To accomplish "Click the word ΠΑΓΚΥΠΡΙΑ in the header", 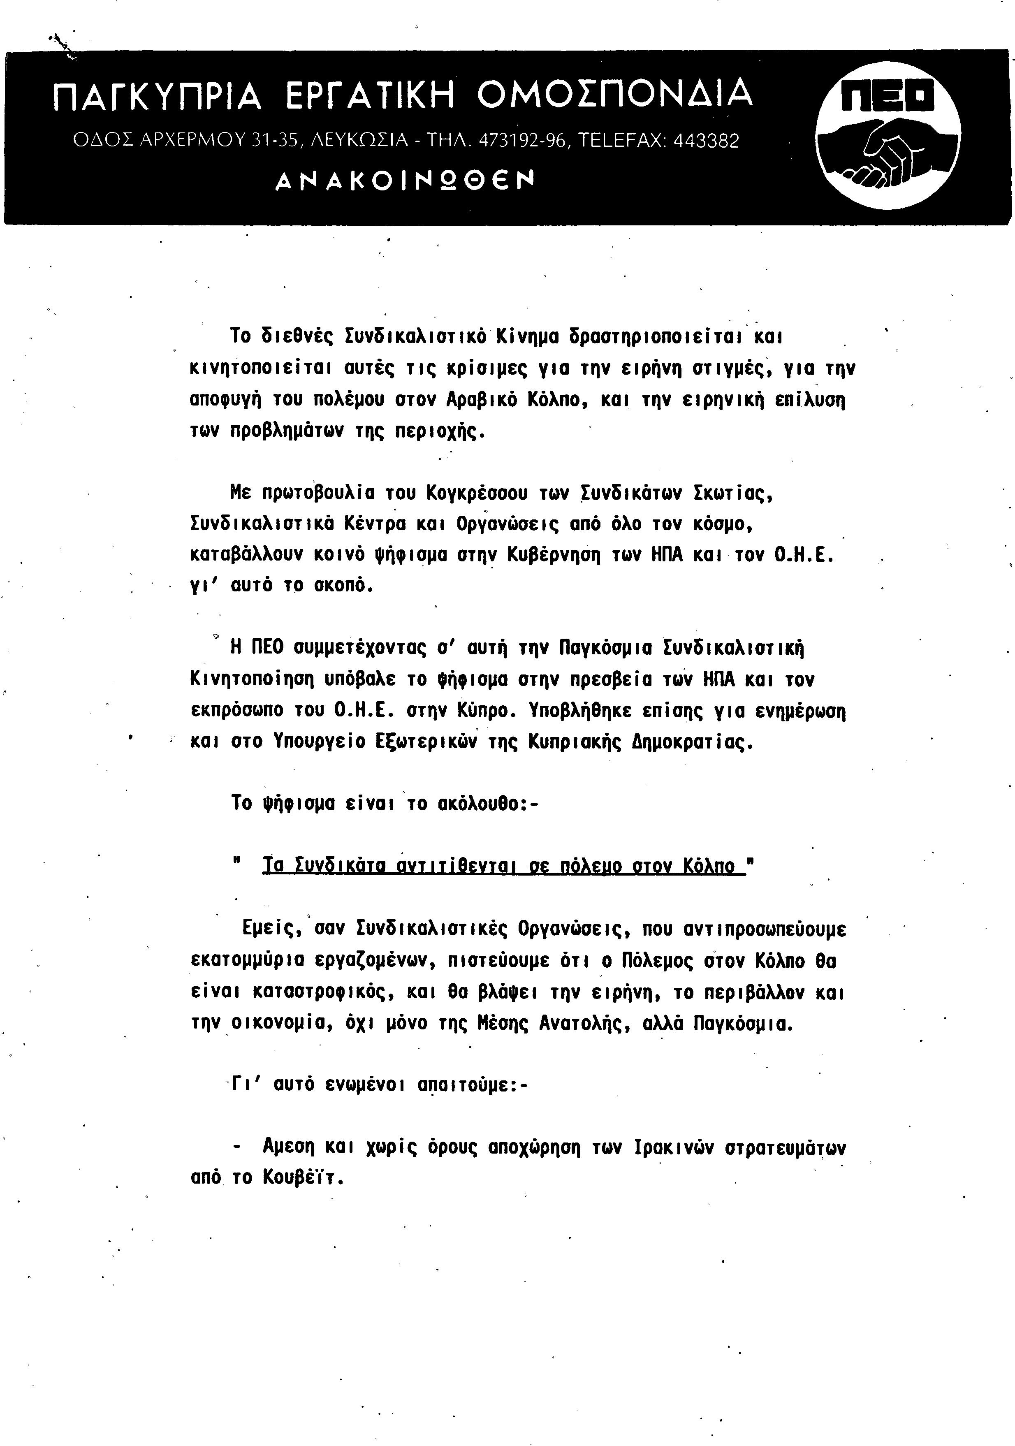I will click(156, 96).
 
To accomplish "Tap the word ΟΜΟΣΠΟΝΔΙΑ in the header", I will click(614, 95).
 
